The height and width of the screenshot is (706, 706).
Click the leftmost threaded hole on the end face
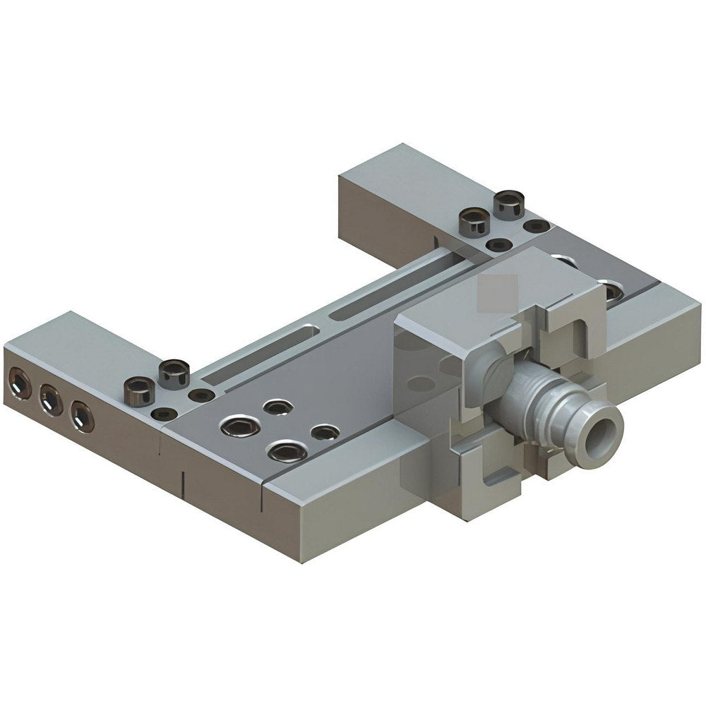tap(18, 385)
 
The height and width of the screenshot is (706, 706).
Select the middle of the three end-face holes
tap(51, 401)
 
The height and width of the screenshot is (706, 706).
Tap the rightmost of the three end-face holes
tap(82, 417)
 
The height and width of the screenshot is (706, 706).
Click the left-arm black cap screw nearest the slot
tap(174, 371)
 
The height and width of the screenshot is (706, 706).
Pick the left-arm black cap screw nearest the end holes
tap(139, 389)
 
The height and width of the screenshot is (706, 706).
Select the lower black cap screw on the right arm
tap(474, 222)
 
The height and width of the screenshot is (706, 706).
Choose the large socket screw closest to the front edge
tap(287, 450)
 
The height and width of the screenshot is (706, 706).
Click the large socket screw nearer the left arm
tap(240, 426)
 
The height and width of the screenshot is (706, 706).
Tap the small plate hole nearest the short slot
tap(278, 407)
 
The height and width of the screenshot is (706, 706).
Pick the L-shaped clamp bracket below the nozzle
tap(494, 466)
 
